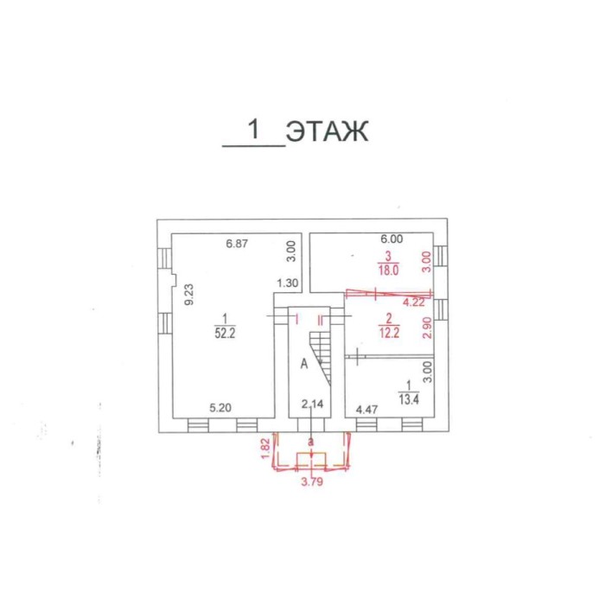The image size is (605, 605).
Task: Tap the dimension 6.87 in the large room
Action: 237,244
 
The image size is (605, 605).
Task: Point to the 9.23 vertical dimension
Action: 189,295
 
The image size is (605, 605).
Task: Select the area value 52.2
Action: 225,333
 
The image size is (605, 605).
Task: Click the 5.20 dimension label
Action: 220,408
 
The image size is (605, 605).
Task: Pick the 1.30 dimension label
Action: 288,283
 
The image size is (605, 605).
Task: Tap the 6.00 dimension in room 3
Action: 392,239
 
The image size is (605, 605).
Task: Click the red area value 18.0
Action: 388,270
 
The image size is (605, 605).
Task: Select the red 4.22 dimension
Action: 414,302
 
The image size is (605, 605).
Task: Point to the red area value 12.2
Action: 389,333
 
